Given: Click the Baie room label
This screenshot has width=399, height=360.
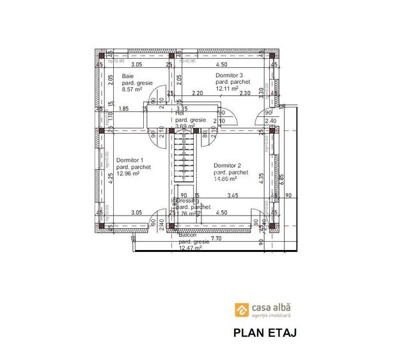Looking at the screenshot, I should (x=128, y=76).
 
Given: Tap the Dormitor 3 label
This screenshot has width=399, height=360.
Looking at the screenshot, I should (x=230, y=75).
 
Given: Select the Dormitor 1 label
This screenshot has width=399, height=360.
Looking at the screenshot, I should (x=130, y=160).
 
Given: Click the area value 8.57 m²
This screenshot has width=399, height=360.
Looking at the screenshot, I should (x=134, y=90).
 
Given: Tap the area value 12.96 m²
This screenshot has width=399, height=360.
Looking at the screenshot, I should (x=129, y=173).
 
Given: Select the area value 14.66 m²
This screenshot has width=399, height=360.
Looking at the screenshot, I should (x=229, y=180).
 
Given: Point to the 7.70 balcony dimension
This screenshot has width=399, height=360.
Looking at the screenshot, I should (x=215, y=239).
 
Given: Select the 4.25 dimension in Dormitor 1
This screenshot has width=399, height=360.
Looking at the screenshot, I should (x=110, y=178).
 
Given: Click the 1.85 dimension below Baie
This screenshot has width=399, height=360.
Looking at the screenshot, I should (x=124, y=109).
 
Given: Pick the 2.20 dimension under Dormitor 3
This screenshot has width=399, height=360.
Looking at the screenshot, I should (x=198, y=93).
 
